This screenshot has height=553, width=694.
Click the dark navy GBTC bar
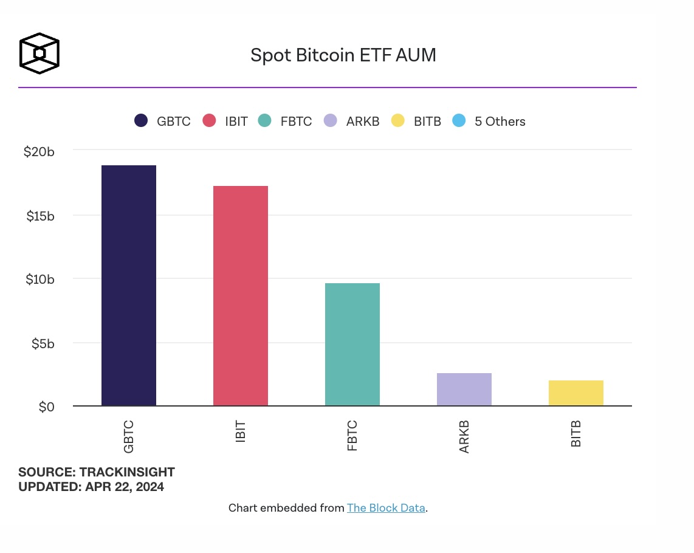coord(129,286)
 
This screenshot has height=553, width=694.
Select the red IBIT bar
coord(241,296)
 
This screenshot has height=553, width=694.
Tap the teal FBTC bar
coord(352,345)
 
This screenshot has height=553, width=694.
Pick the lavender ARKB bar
coord(464,390)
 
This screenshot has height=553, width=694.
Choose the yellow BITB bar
coord(576,393)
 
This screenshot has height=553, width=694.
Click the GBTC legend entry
coord(163,121)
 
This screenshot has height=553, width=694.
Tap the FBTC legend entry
coord(285,121)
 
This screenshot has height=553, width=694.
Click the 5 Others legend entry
coord(489,121)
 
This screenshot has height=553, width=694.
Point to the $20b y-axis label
coord(39,151)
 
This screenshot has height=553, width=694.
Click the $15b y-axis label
coord(40,216)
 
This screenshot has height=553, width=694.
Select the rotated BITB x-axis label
coord(576,433)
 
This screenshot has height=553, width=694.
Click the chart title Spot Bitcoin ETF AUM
coord(343,55)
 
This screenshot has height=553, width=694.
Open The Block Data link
coord(386,508)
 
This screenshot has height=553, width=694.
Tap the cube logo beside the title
coord(40,53)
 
